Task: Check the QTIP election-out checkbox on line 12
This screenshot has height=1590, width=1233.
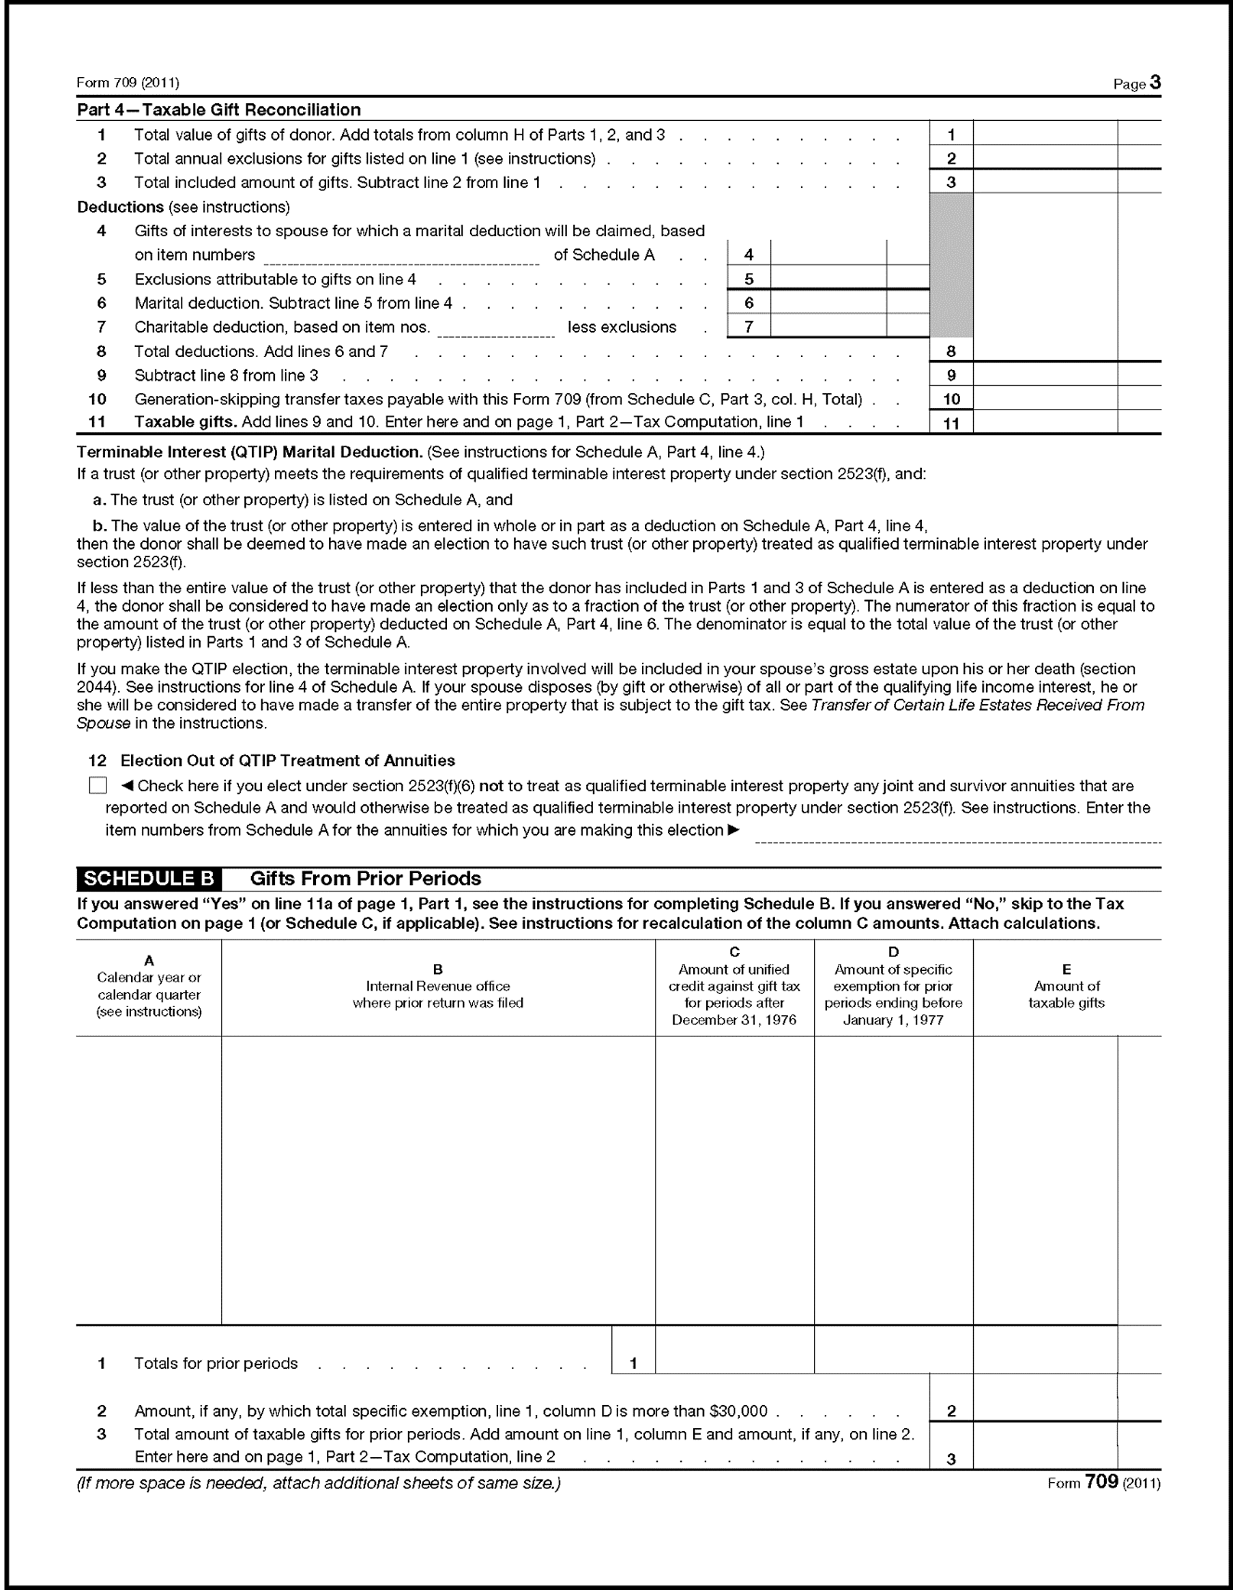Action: coord(98,786)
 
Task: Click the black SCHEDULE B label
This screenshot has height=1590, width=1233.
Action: coord(149,879)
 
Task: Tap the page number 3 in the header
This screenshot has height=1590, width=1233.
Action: coord(1155,83)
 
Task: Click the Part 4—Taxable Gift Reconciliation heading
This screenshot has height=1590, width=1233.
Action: coord(219,110)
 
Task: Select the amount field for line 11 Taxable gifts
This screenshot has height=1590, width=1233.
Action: coord(1045,423)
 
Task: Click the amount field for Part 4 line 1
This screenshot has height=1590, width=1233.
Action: coord(1045,134)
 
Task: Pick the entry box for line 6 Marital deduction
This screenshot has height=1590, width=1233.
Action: coord(828,303)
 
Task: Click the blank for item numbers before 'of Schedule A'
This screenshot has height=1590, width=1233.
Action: coord(401,256)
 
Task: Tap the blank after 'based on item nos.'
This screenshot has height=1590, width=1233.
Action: coord(495,329)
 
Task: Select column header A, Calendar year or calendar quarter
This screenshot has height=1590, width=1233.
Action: coord(149,986)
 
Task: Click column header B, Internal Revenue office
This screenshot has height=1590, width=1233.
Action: coord(438,986)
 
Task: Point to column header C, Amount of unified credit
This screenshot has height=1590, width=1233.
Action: coord(734,986)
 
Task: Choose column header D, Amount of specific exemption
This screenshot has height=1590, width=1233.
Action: coord(893,986)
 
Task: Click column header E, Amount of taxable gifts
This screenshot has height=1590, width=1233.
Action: coord(1067,986)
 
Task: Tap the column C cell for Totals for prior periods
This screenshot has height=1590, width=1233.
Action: coord(734,1362)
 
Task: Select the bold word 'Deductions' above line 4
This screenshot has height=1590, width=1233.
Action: coord(121,207)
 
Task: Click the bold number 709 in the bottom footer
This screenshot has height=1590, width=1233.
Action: coord(1101,1481)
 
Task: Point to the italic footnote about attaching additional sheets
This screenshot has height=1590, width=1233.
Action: coord(319,1483)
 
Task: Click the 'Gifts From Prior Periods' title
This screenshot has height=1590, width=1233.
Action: coord(365,879)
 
